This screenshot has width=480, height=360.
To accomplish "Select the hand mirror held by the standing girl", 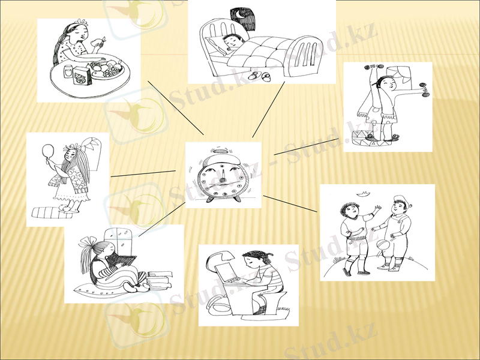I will point(49,150).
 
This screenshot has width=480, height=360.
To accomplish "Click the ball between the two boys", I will point(382,246).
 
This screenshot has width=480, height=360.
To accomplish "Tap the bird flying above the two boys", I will point(362,193).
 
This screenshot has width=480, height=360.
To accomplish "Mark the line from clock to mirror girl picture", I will point(143,174).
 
